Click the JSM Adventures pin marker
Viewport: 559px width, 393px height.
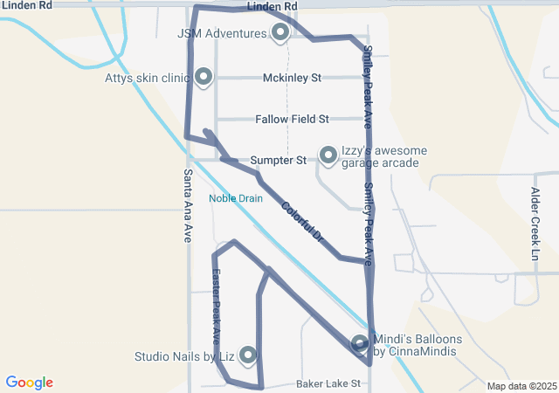click(x=280, y=33)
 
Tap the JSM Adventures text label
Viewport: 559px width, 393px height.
click(x=222, y=34)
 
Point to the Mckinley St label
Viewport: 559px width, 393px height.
click(x=292, y=78)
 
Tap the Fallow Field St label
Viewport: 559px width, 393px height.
click(x=292, y=119)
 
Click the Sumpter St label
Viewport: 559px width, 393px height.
click(x=278, y=161)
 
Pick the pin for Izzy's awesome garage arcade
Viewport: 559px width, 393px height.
click(x=328, y=155)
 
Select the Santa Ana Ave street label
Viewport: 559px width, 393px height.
click(x=188, y=204)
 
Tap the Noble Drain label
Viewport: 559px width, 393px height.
click(x=235, y=198)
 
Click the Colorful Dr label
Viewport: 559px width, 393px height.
click(x=302, y=222)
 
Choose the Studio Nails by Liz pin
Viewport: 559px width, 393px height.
click(x=248, y=355)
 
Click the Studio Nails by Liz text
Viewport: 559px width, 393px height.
click(x=184, y=356)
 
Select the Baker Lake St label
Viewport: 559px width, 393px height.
click(x=328, y=383)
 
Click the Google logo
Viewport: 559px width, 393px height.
click(x=29, y=383)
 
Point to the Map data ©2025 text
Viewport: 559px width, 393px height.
click(x=521, y=386)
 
